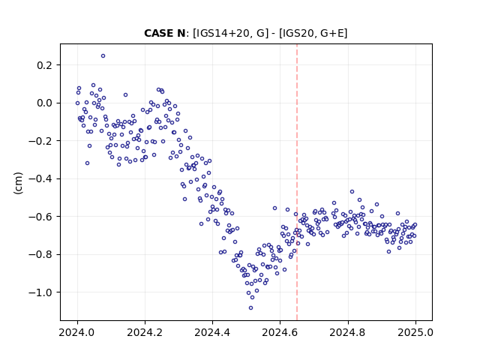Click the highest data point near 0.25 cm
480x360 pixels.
(x=103, y=56)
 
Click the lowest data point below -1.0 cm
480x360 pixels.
(x=251, y=308)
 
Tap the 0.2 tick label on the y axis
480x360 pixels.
(x=45, y=65)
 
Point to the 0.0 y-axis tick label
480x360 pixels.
(x=45, y=103)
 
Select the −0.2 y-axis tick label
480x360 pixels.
(x=40, y=141)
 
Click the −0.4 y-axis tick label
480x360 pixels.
(x=40, y=179)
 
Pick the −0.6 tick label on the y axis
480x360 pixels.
(x=40, y=217)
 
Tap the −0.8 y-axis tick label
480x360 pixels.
(x=40, y=255)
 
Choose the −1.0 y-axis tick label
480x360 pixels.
(x=40, y=292)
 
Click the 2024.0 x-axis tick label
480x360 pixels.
(x=77, y=332)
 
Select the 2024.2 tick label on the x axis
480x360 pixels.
(x=145, y=332)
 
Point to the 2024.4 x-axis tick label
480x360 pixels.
(x=212, y=332)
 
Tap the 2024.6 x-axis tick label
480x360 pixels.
(x=280, y=332)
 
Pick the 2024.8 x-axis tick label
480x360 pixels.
(x=348, y=332)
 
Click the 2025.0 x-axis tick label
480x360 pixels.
(x=415, y=332)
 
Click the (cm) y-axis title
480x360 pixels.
(x=18, y=183)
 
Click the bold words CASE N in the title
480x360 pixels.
(x=165, y=33)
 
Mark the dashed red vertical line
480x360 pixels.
(x=297, y=182)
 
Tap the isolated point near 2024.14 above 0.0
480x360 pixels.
(x=125, y=95)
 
